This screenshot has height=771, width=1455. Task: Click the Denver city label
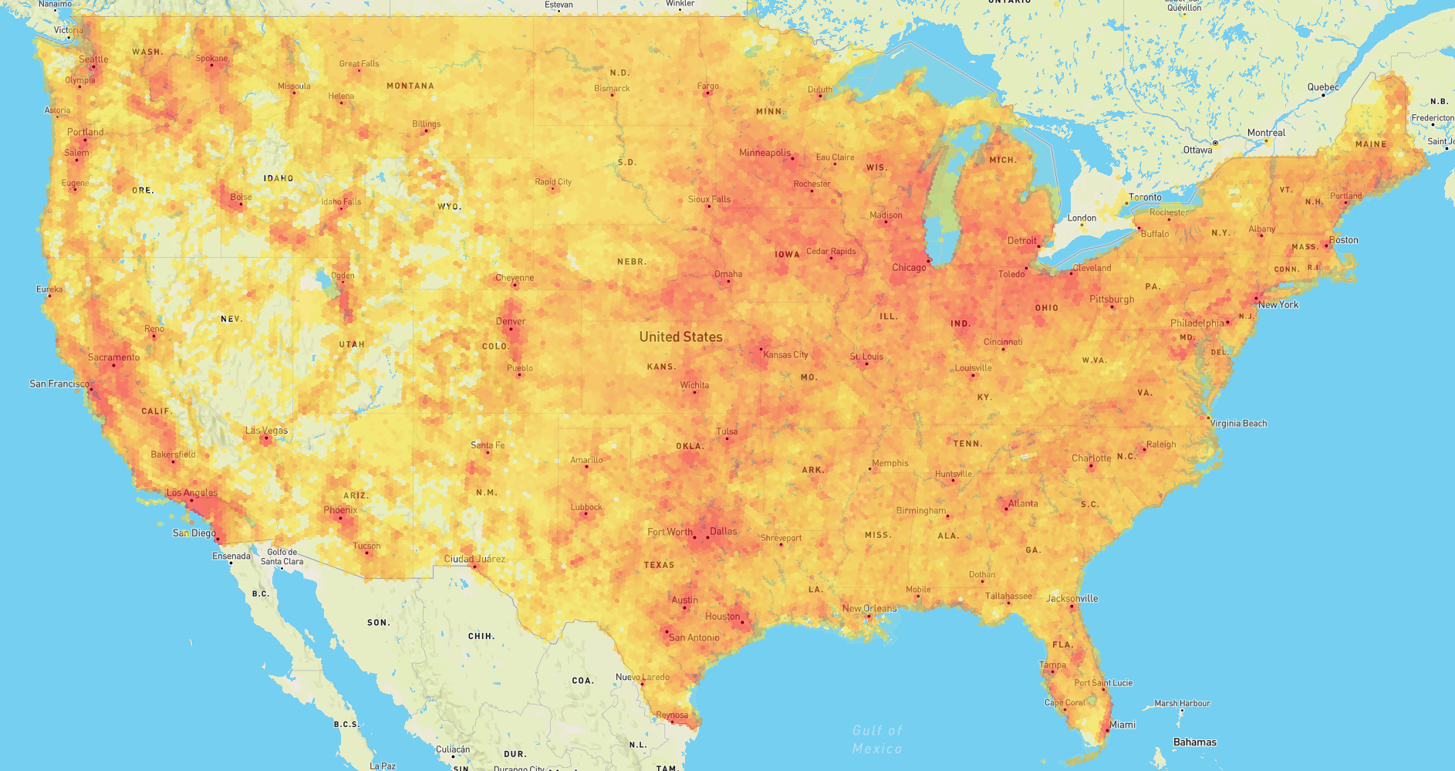point(511,322)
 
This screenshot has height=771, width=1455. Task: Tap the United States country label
point(680,337)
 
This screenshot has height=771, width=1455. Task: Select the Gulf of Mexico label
point(877,739)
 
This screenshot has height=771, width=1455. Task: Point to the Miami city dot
point(1107,729)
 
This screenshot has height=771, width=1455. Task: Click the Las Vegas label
point(266,431)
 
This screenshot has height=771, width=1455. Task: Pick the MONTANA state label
point(410,86)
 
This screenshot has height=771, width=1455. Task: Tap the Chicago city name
point(909,268)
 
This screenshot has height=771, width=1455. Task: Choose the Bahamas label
point(1194,742)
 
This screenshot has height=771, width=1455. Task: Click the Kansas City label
point(785,355)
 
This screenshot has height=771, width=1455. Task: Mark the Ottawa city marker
point(1215,144)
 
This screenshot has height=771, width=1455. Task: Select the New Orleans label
point(869,608)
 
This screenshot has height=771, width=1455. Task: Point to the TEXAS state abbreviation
point(659,565)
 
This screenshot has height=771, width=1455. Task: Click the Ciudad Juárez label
point(474,559)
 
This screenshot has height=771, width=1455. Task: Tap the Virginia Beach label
point(1238,424)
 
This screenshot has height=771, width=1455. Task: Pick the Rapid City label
point(553,182)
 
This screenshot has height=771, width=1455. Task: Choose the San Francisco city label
point(59,384)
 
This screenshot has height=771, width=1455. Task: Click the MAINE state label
point(1371,144)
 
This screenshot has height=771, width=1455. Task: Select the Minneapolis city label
point(765,153)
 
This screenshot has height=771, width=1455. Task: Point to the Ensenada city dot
point(231,563)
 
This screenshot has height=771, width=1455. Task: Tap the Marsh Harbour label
point(1182,703)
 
